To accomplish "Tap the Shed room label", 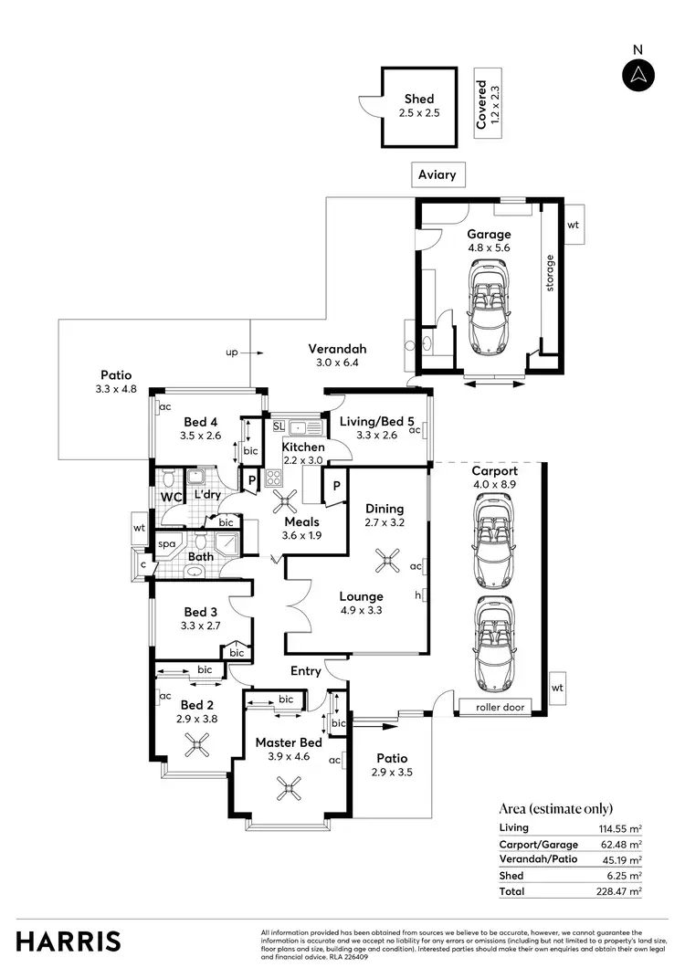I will (419, 100).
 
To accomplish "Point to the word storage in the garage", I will (550, 275).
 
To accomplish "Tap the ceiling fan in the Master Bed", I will (291, 787).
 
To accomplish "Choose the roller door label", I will (501, 707).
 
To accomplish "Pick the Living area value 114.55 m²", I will (622, 827).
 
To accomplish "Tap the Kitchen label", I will (303, 447).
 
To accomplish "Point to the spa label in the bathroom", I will (167, 543).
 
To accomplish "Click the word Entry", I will (306, 671).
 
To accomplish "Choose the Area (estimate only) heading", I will (556, 808).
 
